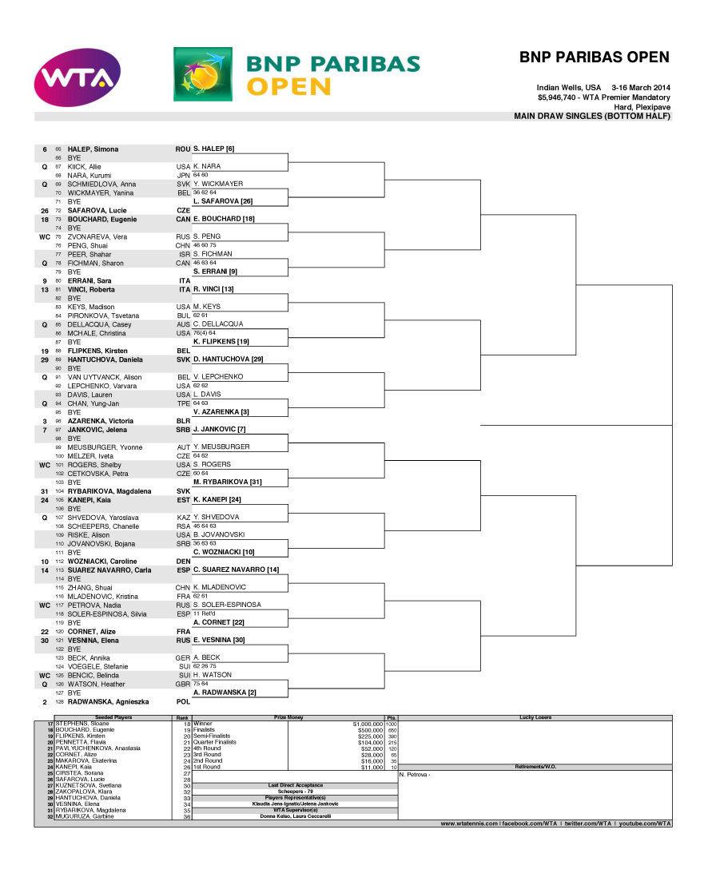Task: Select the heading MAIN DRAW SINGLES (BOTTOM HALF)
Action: (x=592, y=117)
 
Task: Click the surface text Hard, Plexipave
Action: (x=642, y=107)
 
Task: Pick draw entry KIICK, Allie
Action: (x=84, y=167)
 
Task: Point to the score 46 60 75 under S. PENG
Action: (x=205, y=245)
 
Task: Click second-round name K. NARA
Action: (x=207, y=166)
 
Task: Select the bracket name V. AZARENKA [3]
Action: (x=221, y=412)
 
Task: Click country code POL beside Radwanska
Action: (x=183, y=701)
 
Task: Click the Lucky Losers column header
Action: (x=535, y=717)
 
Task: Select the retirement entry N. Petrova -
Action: (x=414, y=774)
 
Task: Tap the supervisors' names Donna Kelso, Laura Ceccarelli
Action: (x=296, y=816)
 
